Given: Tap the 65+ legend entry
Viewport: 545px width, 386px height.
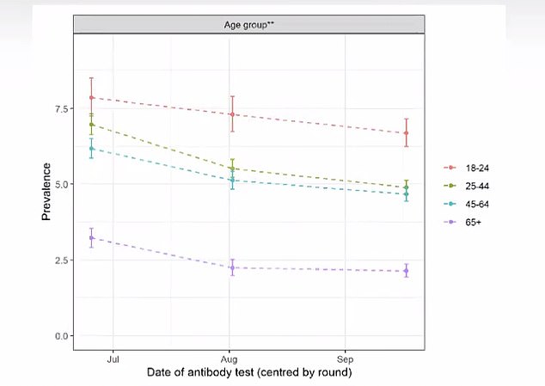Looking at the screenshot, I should tap(462, 218).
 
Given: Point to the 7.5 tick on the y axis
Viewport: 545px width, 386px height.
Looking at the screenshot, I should tap(62, 108).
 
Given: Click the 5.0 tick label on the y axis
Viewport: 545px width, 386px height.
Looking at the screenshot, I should tap(62, 184).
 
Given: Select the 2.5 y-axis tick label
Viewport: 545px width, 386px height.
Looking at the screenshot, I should tap(62, 260).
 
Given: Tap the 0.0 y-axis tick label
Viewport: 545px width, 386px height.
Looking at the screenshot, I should tap(62, 335).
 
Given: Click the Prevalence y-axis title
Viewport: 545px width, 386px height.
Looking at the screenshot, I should tap(47, 192).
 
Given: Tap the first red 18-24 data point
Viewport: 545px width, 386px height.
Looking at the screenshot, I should tap(91, 98).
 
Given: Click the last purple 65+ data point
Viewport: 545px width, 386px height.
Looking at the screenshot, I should tap(406, 271).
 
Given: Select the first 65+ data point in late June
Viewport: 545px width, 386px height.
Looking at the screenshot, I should tap(91, 237).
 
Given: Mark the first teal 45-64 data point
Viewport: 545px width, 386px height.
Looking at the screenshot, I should tap(91, 149).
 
